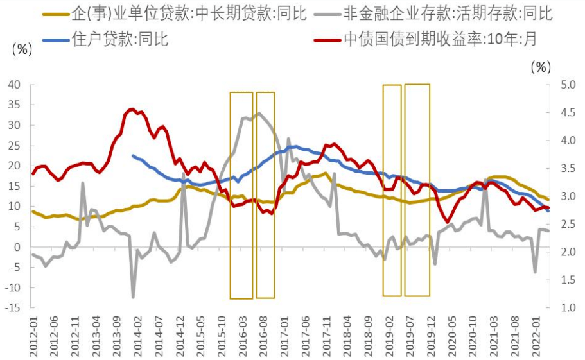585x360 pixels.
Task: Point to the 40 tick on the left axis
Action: click(14, 85)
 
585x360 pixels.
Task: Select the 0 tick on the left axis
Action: click(18, 247)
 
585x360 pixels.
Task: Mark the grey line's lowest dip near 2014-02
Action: click(133, 297)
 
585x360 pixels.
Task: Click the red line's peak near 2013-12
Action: click(131, 109)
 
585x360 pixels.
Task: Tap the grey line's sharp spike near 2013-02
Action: click(83, 183)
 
